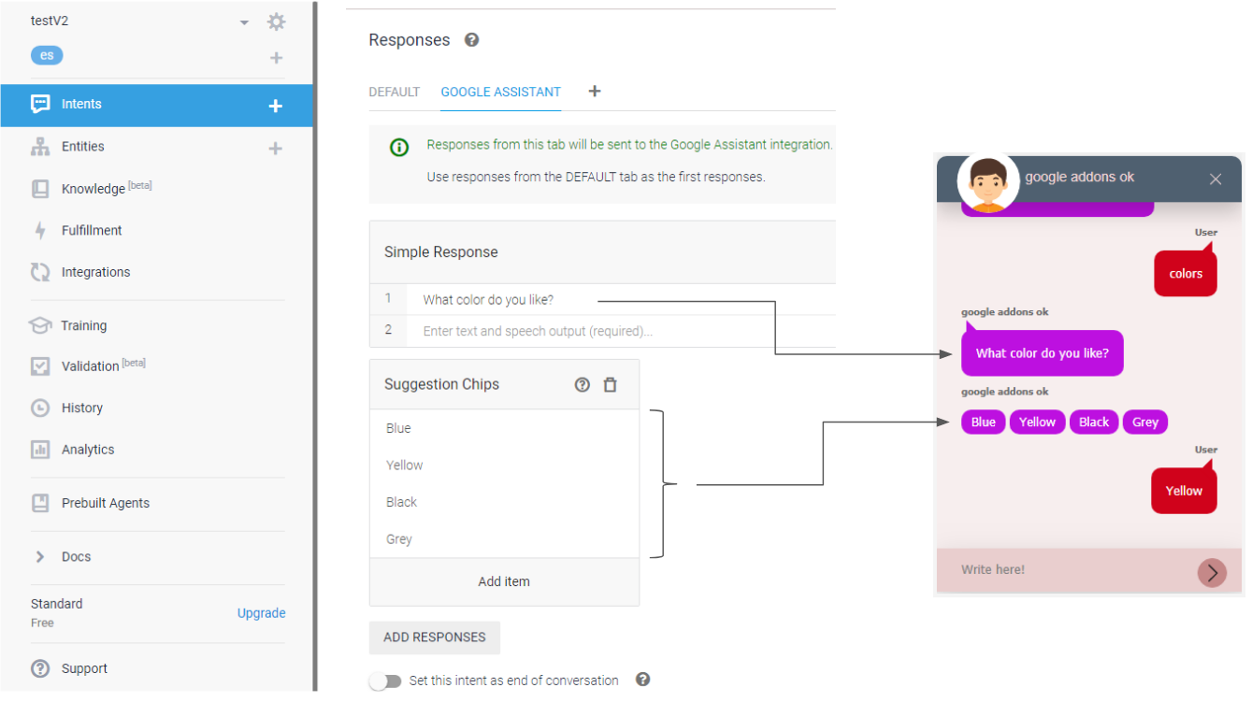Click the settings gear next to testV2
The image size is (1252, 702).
276,21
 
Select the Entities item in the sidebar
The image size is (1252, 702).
82,147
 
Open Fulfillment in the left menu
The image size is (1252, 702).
91,231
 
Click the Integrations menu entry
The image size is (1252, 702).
95,273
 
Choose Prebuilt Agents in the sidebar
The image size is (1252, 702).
105,503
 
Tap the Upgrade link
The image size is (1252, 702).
261,613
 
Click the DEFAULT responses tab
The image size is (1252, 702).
394,93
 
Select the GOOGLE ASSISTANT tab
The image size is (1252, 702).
500,93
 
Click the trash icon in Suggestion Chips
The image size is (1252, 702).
610,385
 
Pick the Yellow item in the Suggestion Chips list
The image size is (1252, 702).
405,466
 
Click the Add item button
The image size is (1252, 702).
504,581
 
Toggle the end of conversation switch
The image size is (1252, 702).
384,681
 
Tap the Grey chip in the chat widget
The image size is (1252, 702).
1144,423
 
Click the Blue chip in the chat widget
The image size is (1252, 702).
983,423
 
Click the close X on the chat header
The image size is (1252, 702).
1215,179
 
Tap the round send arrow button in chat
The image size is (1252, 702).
1212,572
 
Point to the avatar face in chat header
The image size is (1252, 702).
987,181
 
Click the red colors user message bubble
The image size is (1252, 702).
1185,274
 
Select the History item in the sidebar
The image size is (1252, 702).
81,408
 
